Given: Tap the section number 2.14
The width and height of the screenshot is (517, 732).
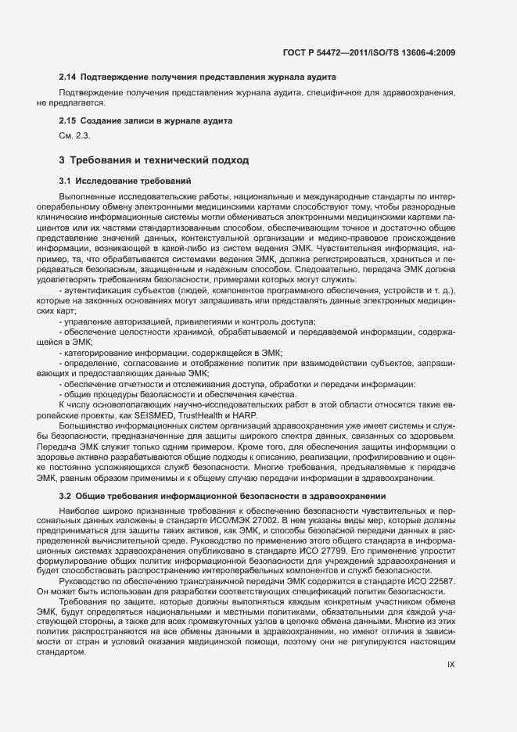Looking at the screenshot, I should click(68, 77).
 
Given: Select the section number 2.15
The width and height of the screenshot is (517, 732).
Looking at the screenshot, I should click(68, 121).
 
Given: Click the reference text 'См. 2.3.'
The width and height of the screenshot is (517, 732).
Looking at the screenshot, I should click(75, 135).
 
